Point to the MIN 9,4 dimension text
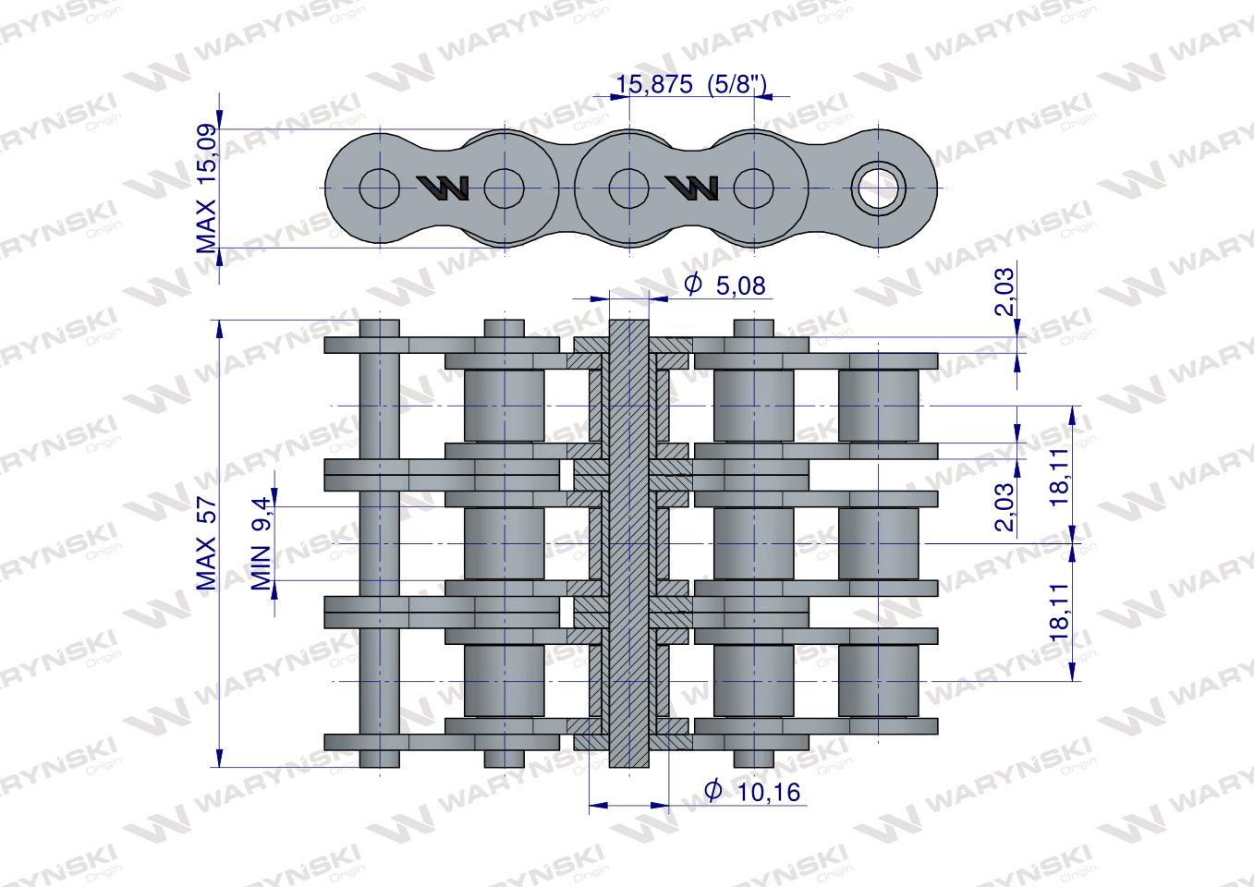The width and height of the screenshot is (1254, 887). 262,542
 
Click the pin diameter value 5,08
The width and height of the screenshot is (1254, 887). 740,286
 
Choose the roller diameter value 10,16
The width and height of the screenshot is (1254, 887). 762,792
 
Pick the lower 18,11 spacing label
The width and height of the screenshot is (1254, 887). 1059,612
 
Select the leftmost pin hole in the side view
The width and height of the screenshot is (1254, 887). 379,188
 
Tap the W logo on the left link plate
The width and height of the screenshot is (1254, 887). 444,188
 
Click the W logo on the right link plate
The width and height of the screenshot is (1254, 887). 692,188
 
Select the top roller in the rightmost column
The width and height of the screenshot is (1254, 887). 878,406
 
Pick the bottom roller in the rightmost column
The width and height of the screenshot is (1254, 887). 878,680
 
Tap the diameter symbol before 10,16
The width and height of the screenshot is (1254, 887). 712,791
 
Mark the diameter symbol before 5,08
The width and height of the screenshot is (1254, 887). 692,285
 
